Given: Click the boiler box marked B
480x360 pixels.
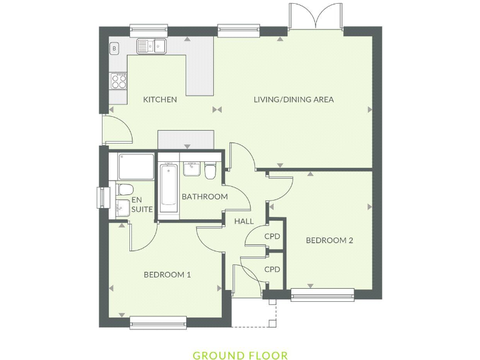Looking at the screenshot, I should coord(115,47).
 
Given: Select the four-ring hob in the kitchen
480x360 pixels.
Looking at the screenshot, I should coord(118,80).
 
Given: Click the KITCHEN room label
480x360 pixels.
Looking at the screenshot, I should coord(160,99).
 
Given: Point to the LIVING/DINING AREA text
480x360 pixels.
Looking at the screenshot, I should coord(293,99).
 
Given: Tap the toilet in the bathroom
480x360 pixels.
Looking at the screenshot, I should coord(210,170).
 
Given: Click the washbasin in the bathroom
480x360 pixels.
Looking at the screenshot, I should coord(191,168).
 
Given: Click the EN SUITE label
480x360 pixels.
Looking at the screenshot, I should coord(140,204).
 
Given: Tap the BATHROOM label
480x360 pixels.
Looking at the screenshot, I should coord(204,197).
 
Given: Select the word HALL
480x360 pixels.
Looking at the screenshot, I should coord(244,221).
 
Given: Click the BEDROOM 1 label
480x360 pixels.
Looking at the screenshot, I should coord(167,274).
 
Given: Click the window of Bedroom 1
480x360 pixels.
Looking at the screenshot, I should coord(157,322).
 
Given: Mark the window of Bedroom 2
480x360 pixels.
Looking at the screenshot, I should coord(322,294).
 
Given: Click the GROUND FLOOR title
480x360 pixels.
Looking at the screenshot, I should coord(240,356).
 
